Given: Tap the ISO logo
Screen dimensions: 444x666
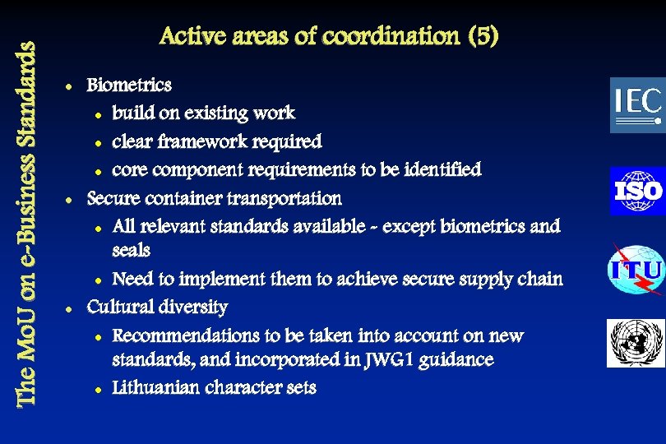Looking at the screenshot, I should point(637,191).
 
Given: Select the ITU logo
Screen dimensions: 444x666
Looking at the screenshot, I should point(636,269).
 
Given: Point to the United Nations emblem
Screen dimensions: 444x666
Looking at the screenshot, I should point(636,343).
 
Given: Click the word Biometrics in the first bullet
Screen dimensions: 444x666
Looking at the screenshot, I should point(129,85).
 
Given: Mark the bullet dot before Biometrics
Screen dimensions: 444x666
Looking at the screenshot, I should point(72,86).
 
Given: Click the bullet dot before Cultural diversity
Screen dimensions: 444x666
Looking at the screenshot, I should point(72,308).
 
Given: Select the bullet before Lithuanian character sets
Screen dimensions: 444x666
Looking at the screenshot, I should point(97,389).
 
